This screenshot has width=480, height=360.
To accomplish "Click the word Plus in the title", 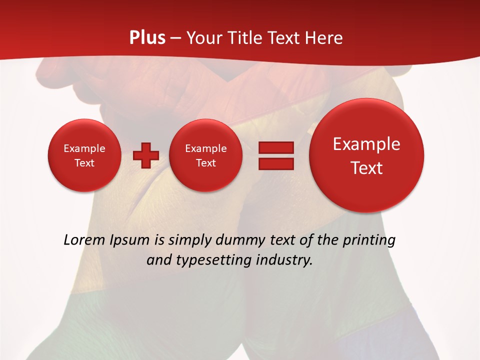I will pyautogui.click(x=147, y=38).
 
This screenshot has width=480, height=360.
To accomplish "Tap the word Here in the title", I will pyautogui.click(x=324, y=38).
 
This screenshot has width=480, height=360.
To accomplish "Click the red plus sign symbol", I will pyautogui.click(x=145, y=155).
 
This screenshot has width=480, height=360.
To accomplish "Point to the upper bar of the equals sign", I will pyautogui.click(x=276, y=147).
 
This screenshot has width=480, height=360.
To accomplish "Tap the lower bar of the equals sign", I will pyautogui.click(x=276, y=163).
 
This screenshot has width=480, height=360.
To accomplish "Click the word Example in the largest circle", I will pyautogui.click(x=366, y=144).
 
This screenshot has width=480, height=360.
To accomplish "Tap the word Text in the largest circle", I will pyautogui.click(x=366, y=168).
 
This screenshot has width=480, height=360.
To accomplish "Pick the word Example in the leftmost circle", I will pyautogui.click(x=84, y=148).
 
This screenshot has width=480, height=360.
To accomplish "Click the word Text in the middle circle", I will pyautogui.click(x=205, y=163).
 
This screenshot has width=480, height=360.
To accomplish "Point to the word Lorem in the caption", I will pyautogui.click(x=82, y=240).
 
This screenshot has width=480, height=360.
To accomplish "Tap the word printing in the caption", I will pyautogui.click(x=368, y=240).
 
